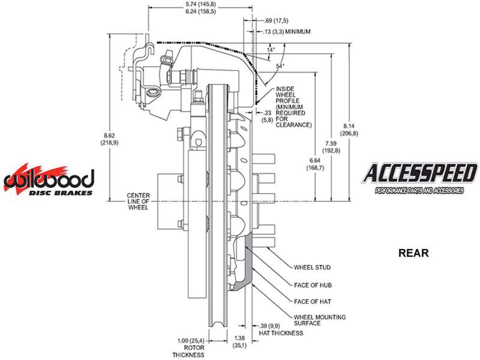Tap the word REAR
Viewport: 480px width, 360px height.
pos(413,253)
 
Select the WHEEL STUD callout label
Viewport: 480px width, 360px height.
pos(312,267)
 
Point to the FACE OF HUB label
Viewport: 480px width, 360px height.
pos(313,285)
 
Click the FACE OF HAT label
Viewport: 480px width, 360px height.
pos(312,301)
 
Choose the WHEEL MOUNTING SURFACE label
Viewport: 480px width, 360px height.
pos(319,320)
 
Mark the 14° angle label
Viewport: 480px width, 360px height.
pos(271,50)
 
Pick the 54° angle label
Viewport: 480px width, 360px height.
pos(280,67)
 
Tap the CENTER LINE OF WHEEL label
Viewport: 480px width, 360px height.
pos(138,201)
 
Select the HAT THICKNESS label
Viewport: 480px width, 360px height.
pos(281,333)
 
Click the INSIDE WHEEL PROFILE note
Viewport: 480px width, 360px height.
pos(293,107)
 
